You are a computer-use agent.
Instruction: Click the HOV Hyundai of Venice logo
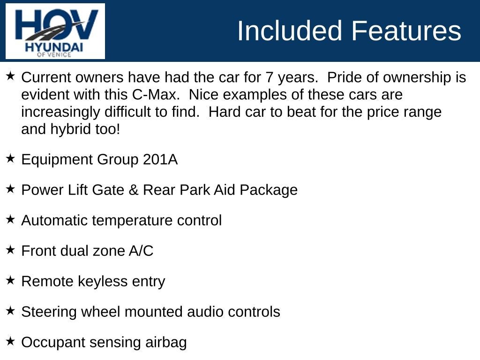click(x=55, y=31)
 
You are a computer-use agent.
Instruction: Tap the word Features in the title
click(x=406, y=31)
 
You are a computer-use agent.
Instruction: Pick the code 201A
click(x=160, y=160)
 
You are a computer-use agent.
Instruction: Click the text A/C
click(x=141, y=251)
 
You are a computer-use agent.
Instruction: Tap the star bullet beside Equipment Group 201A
click(x=10, y=158)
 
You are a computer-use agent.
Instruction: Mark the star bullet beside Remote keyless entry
click(x=10, y=280)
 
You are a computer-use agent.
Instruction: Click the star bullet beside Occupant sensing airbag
click(x=10, y=341)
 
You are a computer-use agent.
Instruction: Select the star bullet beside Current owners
click(x=10, y=76)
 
